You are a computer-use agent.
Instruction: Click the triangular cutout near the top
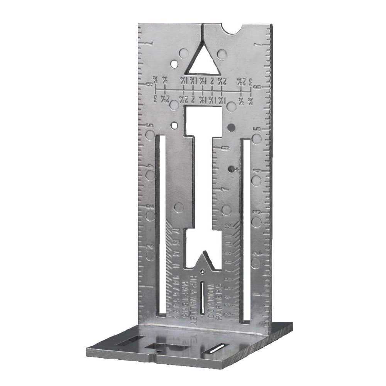click(x=203, y=62)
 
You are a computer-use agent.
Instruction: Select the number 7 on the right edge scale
click(x=256, y=46)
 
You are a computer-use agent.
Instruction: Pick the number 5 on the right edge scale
click(x=255, y=130)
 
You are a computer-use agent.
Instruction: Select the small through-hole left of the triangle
click(x=175, y=63)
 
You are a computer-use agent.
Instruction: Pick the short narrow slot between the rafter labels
click(x=202, y=296)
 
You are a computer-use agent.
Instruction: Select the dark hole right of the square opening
click(x=231, y=127)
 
